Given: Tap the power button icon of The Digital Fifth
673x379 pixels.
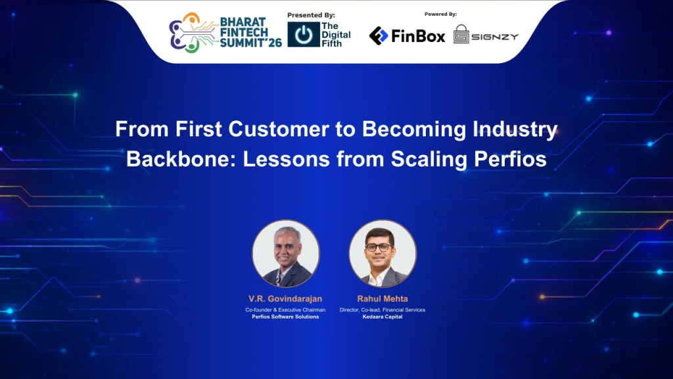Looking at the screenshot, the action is tap(304, 34).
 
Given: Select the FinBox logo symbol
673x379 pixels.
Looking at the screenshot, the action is tap(378, 36).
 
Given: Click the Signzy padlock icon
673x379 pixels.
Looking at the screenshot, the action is tap(461, 34).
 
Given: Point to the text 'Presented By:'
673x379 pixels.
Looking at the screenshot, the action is tap(311, 15).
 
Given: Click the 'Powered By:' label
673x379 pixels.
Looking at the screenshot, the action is tap(440, 14).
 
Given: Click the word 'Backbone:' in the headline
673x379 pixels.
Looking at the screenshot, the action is tap(181, 159).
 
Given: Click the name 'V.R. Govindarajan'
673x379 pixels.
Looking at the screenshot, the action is tap(285, 299).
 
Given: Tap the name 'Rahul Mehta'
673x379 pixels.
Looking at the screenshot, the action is tap(383, 299).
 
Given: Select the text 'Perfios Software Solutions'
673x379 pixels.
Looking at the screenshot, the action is tap(285, 316).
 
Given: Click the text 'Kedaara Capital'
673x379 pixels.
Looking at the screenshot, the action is tap(383, 316).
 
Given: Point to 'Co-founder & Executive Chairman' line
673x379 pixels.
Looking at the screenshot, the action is tap(285, 310).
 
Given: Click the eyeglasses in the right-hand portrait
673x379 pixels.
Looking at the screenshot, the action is tap(379, 247).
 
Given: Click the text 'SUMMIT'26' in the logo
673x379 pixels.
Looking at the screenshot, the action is tap(250, 42).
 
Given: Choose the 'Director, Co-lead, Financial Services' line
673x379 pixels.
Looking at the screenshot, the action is tap(383, 310).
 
